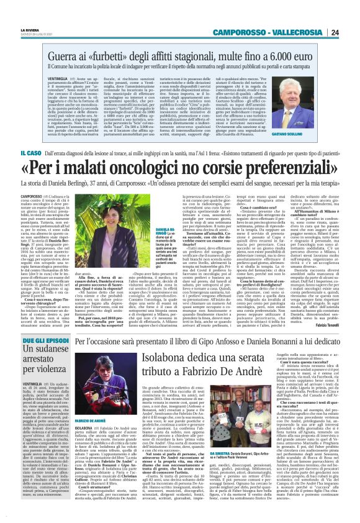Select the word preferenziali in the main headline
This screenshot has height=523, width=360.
tap(279, 169)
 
